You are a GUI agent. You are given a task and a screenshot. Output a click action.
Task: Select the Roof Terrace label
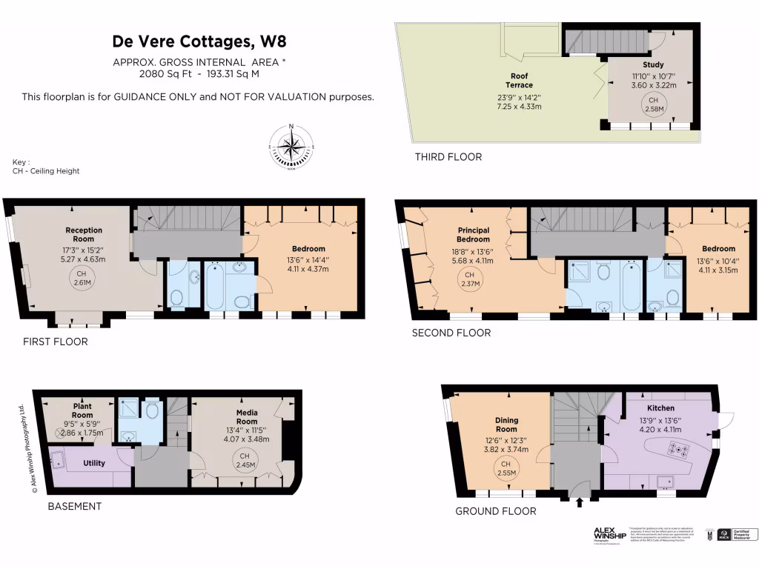click(520, 80)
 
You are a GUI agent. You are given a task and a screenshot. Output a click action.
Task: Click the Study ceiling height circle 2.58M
click(653, 104)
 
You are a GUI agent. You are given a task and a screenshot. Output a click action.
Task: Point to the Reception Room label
click(84, 234)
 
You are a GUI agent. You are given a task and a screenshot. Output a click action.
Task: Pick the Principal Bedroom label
click(473, 235)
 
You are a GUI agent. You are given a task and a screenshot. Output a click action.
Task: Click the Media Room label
click(246, 416)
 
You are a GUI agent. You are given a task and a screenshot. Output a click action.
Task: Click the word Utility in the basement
click(93, 463)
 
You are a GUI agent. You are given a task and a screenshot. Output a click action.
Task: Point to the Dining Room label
click(506, 425)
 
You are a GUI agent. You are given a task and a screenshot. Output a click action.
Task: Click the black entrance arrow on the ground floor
click(580, 503)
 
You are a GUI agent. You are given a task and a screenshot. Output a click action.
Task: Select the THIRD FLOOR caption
click(448, 157)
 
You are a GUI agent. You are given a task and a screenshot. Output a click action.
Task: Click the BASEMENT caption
click(74, 507)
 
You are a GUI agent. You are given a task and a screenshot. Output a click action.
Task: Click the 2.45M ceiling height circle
click(244, 460)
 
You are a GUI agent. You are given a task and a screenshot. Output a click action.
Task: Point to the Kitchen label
click(660, 408)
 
